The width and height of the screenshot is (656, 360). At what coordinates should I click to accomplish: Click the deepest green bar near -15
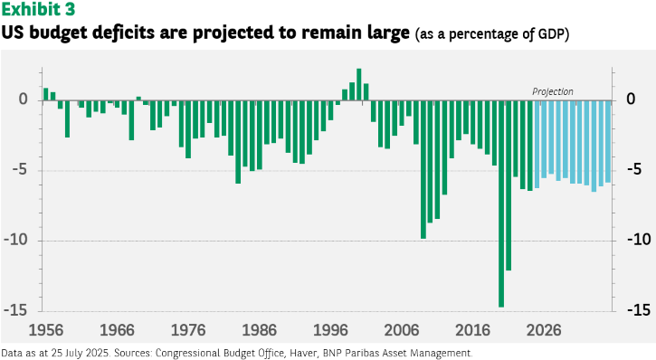501,204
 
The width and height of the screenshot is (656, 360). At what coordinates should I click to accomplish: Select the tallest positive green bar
359,84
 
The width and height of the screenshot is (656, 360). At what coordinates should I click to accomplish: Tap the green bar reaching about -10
423,170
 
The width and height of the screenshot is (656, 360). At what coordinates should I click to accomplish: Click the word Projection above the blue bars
553,91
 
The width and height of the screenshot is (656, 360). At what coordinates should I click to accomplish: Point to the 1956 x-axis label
45,330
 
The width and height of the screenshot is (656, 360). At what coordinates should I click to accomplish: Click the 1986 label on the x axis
260,330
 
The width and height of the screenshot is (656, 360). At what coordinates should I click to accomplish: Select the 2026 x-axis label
544,330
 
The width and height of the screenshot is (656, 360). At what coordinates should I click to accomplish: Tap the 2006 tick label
402,330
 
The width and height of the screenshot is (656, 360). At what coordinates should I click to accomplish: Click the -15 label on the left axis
15,310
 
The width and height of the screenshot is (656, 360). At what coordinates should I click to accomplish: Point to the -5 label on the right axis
634,170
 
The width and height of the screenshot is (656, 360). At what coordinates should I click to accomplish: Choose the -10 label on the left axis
15,240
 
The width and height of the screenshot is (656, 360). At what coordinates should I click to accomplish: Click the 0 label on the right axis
631,99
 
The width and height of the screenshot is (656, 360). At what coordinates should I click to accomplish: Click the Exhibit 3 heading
38,9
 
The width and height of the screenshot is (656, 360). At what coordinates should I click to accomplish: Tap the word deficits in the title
123,33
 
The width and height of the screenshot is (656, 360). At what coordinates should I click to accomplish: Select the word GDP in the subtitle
550,33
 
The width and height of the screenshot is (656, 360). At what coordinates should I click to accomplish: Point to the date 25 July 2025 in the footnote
81,354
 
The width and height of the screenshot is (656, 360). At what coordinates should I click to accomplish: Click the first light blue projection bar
537,144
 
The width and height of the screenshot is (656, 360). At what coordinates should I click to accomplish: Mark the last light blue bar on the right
608,142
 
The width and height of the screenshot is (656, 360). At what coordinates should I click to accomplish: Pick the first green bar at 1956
45,94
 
